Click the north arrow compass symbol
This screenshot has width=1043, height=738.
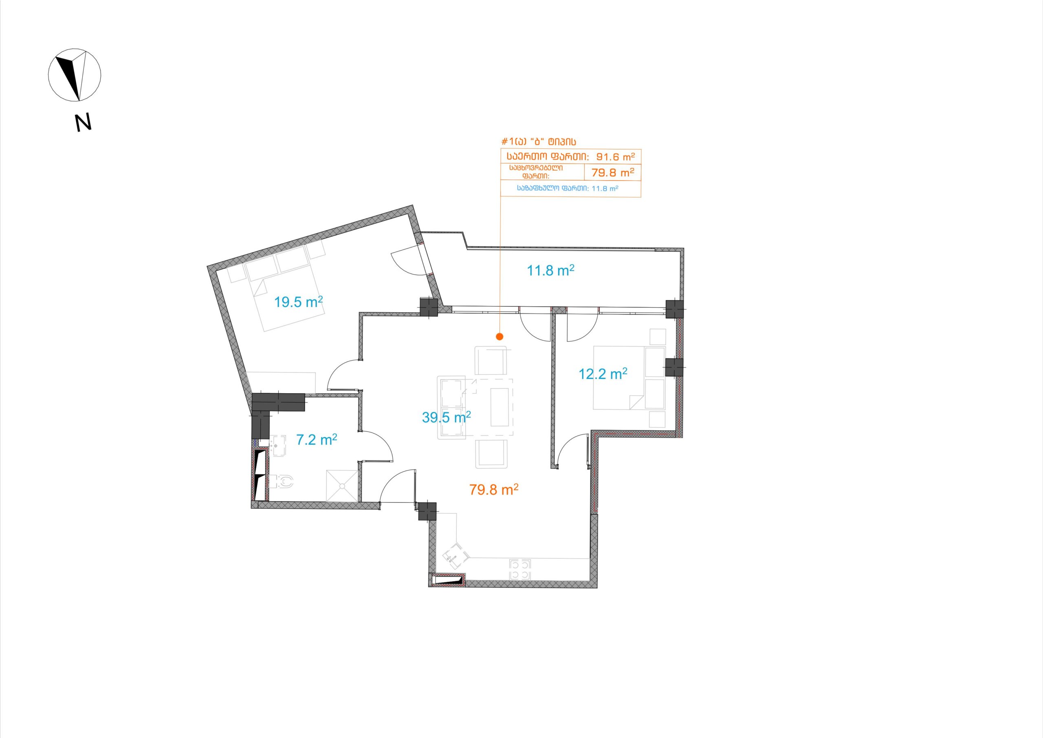pos(75,75)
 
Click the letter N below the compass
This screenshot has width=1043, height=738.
pos(83,122)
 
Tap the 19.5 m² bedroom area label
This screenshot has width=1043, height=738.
pos(299,302)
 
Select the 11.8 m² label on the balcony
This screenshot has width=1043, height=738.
pos(550,271)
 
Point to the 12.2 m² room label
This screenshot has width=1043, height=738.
pos(603,374)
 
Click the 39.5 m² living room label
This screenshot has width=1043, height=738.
pos(446,417)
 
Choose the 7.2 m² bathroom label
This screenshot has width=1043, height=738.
pos(317,439)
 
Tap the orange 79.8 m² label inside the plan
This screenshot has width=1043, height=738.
pos(494,489)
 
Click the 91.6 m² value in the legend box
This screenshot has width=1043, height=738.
pos(615,157)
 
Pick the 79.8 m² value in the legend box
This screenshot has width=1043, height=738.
pos(613,173)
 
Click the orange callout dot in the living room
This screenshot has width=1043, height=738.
pos(499,337)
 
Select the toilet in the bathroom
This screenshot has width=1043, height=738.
pos(282,482)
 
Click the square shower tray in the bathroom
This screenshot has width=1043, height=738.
pos(341,486)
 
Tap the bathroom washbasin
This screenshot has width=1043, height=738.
pos(278,445)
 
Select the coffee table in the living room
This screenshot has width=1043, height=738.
pos(499,407)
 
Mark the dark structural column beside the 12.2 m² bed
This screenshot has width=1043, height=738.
pos(674,367)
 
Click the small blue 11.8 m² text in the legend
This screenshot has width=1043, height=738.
pos(605,189)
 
